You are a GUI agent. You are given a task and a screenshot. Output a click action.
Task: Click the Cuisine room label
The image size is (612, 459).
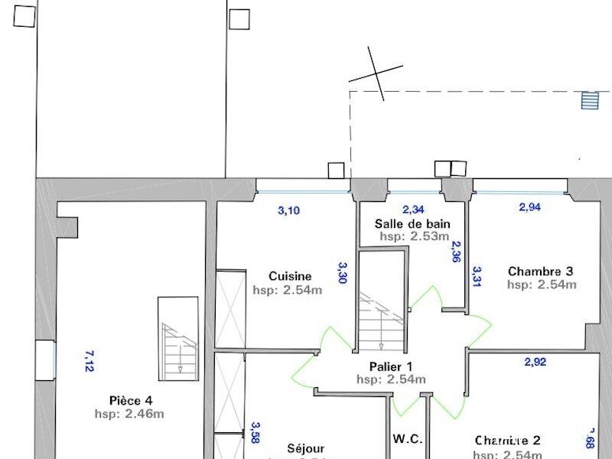tap(289, 276)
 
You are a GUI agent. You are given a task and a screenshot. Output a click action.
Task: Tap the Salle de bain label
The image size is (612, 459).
tap(412, 223)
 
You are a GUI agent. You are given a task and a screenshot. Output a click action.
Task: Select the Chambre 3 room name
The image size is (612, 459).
tap(541, 271)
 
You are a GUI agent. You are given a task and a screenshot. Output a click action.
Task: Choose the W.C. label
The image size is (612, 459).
tap(408, 439)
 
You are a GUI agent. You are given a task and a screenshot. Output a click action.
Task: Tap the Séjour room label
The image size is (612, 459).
tap(306, 448)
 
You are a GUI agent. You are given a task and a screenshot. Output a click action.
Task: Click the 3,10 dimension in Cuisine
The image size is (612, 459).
tap(288, 210)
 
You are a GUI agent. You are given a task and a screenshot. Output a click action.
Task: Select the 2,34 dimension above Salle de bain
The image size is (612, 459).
tap(412, 210)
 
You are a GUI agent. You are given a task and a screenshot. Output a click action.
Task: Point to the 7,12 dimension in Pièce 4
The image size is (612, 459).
tap(88, 361)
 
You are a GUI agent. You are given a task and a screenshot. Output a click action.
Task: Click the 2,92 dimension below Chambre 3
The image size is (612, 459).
tap(535, 362)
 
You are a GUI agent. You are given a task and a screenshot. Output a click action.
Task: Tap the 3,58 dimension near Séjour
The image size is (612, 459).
tap(256, 433)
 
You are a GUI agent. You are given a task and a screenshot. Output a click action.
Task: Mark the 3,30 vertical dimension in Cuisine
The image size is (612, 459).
tap(343, 272)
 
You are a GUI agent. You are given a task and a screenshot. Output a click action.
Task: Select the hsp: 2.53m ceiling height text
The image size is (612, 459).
tap(414, 236)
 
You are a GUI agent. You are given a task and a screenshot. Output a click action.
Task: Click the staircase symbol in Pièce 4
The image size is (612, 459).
tap(178, 337)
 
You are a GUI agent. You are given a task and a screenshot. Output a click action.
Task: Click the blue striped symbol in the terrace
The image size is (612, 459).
tap(588, 100)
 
